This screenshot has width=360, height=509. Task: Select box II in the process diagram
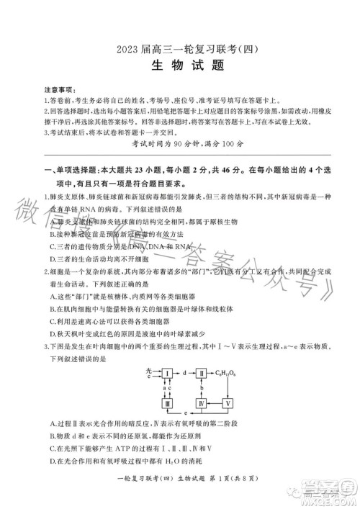click(199, 373)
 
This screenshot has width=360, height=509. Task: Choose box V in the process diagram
click(230, 402)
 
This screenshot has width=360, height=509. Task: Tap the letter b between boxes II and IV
click(197, 388)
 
